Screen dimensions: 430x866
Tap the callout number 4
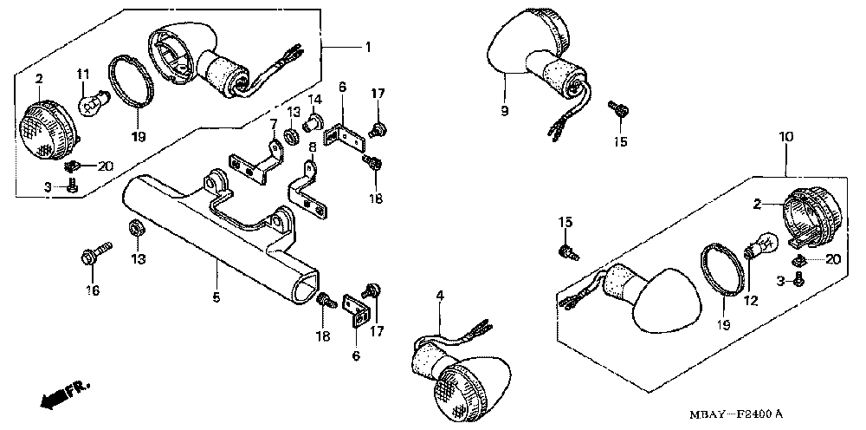440,296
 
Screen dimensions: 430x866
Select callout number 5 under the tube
216,297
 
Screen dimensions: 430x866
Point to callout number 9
504,111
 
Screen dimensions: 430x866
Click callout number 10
785,137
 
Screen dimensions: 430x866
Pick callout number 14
316,97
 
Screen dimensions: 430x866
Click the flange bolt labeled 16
93,256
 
